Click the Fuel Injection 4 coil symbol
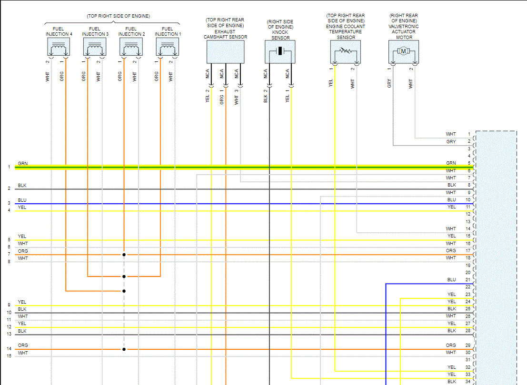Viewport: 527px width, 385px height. [x=59, y=48]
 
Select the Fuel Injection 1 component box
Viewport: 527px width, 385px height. [x=167, y=48]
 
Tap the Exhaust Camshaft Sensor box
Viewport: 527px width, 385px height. [x=225, y=51]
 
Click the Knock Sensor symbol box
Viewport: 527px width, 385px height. [x=280, y=51]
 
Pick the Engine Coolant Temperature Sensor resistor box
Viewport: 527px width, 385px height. [x=345, y=51]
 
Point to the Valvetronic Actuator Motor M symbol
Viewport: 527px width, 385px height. [x=403, y=51]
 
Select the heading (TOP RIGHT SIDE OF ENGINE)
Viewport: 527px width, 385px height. [x=118, y=16]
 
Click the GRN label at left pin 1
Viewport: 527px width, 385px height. [x=23, y=164]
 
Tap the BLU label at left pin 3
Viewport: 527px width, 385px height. [x=22, y=200]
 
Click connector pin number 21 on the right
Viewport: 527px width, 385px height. [x=468, y=280]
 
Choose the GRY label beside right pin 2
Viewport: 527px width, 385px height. [x=451, y=142]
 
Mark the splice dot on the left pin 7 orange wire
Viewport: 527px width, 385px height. [x=124, y=255]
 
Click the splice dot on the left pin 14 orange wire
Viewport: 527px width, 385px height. [x=124, y=349]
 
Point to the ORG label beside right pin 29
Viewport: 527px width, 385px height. [x=451, y=346]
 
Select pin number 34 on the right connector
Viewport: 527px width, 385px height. [x=468, y=382]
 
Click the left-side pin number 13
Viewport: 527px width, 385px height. [x=9, y=334]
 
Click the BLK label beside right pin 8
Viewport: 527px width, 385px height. [x=451, y=185]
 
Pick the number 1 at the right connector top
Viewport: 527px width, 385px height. [x=469, y=134]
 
